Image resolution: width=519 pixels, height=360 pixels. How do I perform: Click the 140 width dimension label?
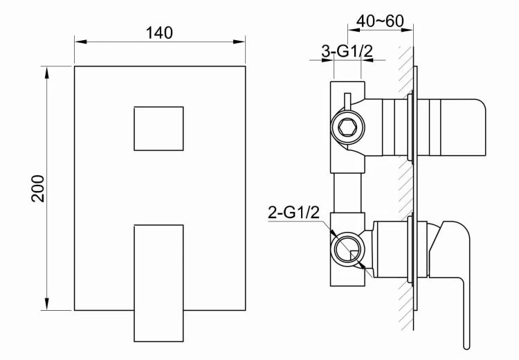(x=159, y=33)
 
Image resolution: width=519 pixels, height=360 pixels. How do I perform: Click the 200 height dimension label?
(x=38, y=188)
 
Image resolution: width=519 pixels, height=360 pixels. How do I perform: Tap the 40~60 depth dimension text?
(x=380, y=21)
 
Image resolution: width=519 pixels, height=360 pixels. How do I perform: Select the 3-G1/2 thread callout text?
(x=347, y=51)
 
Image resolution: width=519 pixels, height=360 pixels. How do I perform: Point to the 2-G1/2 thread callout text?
(x=293, y=213)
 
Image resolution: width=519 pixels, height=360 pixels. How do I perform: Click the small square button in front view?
(x=158, y=129)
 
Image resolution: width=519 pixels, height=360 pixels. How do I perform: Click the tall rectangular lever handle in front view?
(x=158, y=283)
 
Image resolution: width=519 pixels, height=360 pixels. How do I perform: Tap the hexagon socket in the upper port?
(x=347, y=127)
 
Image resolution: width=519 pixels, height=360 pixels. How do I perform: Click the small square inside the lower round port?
(x=355, y=255)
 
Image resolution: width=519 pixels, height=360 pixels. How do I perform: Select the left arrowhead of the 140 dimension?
(x=80, y=42)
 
